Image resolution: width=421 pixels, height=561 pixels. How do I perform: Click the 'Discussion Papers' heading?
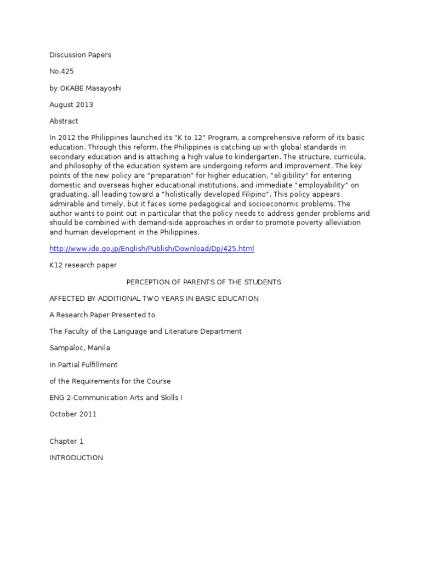pyautogui.click(x=80, y=55)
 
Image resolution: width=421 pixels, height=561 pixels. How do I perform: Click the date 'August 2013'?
pyautogui.click(x=71, y=105)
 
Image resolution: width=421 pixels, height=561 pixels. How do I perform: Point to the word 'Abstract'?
pyautogui.click(x=64, y=121)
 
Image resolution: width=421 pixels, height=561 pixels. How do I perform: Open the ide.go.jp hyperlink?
pyautogui.click(x=152, y=249)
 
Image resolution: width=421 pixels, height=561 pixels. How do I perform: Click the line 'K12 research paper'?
pyautogui.click(x=83, y=265)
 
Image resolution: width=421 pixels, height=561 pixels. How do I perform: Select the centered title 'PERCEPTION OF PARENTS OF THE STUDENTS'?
pyautogui.click(x=204, y=282)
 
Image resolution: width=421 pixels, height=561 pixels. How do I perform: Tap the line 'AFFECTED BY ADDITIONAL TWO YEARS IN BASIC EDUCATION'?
pyautogui.click(x=154, y=299)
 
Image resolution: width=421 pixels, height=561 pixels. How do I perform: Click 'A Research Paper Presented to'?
pyautogui.click(x=103, y=315)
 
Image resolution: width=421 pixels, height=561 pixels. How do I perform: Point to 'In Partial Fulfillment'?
pyautogui.click(x=83, y=364)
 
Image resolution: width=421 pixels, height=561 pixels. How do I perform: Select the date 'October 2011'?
pyautogui.click(x=73, y=414)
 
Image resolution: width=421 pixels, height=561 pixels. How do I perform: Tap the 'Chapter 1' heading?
pyautogui.click(x=66, y=441)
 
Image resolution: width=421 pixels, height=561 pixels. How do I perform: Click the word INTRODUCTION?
pyautogui.click(x=76, y=457)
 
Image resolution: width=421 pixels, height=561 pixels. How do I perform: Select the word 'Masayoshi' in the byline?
pyautogui.click(x=103, y=88)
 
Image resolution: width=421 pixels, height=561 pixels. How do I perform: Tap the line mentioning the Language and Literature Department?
pyautogui.click(x=145, y=331)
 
